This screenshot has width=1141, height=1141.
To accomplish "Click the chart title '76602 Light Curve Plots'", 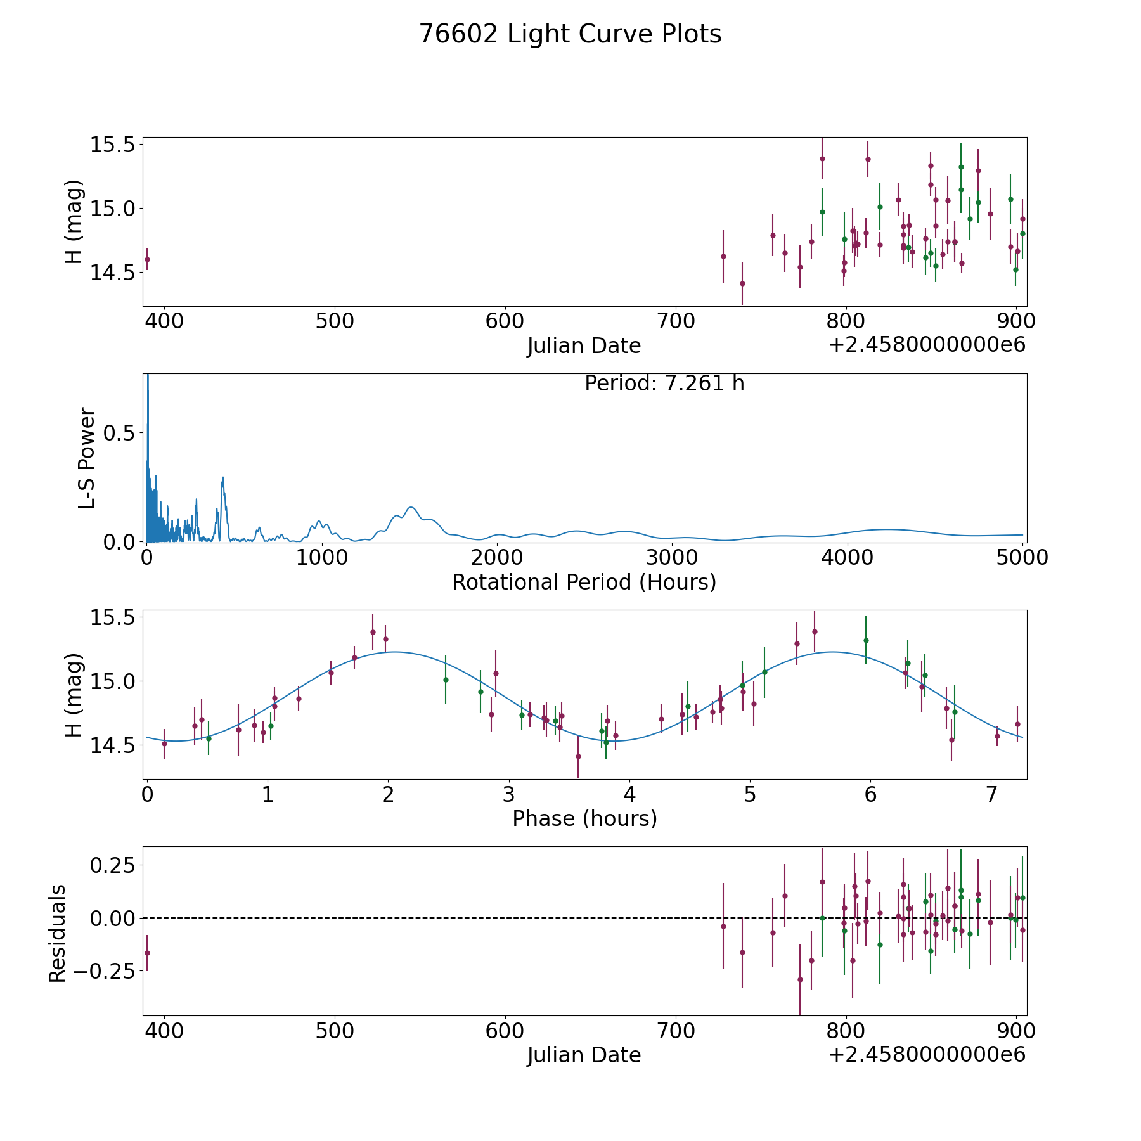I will tap(570, 34).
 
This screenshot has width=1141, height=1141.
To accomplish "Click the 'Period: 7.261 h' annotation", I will tap(664, 384).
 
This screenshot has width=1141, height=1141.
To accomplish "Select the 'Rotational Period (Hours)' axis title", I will tap(584, 582).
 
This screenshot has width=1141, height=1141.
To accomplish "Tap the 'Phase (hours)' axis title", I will tap(584, 818).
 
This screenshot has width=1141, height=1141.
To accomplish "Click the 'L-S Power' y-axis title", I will tap(87, 458).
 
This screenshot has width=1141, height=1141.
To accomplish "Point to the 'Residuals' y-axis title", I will tap(58, 933).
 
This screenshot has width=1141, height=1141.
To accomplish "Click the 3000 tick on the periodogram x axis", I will tap(671, 558).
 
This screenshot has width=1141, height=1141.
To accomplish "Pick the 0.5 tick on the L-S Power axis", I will tap(120, 433).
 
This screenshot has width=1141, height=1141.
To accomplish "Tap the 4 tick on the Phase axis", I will tap(629, 794).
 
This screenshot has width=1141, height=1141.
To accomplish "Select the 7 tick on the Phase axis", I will tap(991, 794).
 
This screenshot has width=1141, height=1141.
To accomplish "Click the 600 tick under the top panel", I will tap(505, 321).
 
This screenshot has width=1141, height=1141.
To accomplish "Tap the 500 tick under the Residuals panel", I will tap(334, 1031).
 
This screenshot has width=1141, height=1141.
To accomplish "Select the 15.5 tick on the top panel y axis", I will tap(112, 145).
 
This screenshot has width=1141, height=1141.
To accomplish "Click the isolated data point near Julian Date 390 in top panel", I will tap(147, 259).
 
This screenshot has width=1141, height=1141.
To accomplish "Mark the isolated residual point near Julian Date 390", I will tap(147, 953).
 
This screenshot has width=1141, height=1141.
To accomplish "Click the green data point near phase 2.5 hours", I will tap(446, 680).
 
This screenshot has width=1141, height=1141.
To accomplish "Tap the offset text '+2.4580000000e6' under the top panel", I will tap(927, 345).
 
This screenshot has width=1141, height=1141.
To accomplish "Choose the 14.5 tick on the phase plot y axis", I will tap(112, 746).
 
